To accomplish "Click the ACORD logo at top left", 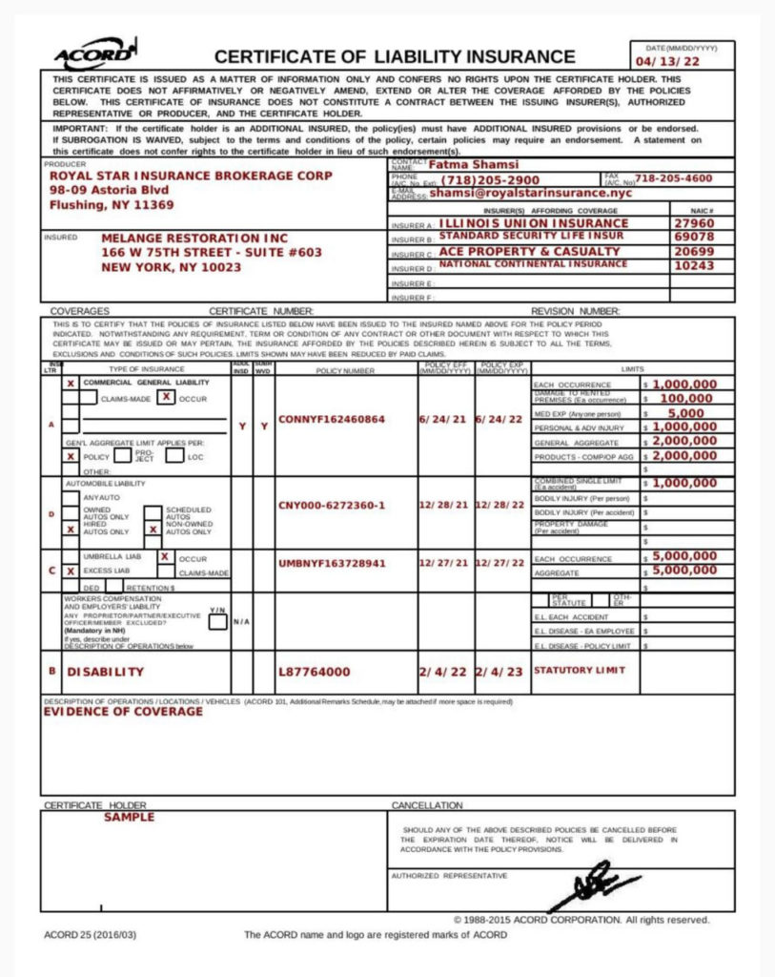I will coord(94,54).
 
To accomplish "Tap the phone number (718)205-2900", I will coord(490,179).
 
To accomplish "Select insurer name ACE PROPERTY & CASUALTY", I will coord(529,251).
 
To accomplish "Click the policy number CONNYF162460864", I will coord(331,419).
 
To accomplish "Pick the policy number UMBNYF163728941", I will coord(332,563).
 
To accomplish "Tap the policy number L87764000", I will coord(314,672).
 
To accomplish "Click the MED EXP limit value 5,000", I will coord(685,413).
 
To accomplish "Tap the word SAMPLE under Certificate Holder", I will coord(129,818).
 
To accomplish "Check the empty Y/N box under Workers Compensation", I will coord(217,622).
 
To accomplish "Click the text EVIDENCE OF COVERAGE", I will coord(123,711).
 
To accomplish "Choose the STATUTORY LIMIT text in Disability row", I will coord(580,670).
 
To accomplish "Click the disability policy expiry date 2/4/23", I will coord(500,672).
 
